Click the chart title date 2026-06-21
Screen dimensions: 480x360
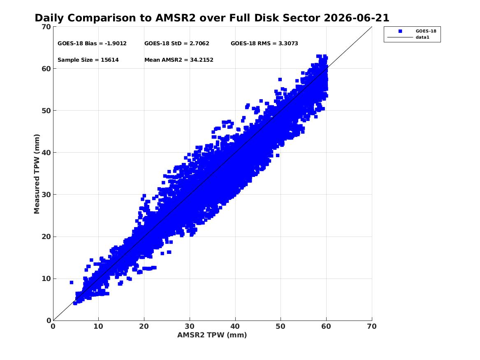point(356,18)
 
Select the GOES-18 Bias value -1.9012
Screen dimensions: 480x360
point(116,44)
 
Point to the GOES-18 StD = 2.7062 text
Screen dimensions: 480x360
point(176,44)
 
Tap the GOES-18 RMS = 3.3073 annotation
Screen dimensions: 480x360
point(264,44)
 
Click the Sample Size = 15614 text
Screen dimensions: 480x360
point(88,60)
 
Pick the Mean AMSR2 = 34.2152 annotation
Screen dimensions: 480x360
point(179,60)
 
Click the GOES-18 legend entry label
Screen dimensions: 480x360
point(426,31)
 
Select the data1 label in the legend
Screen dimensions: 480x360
point(422,37)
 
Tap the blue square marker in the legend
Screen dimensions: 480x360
point(400,31)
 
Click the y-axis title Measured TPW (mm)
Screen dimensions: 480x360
point(37,174)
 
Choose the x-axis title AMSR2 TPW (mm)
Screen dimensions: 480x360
point(212,335)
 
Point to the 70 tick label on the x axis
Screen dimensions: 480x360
point(372,326)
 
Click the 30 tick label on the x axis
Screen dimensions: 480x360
point(190,326)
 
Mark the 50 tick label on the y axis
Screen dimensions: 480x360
point(46,111)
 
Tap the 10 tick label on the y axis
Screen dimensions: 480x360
point(46,279)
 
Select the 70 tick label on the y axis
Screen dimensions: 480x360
point(46,27)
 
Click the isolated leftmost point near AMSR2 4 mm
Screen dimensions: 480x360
point(71,282)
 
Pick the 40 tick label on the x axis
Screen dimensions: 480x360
point(235,326)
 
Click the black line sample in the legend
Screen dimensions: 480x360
point(400,37)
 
